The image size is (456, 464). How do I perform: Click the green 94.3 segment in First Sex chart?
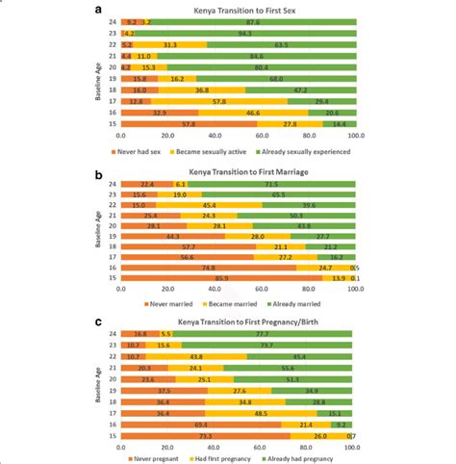tap(245, 33)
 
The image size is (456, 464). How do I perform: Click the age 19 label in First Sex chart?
tap(114, 79)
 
